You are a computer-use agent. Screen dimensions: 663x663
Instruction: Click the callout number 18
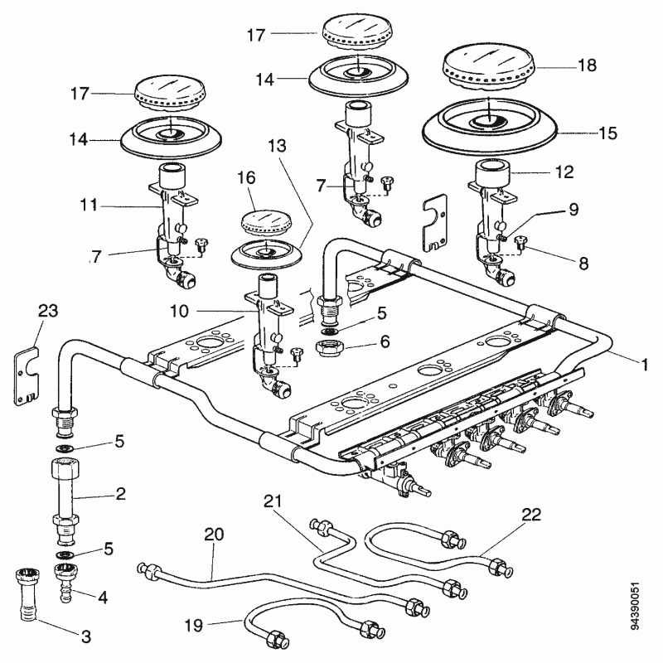587,65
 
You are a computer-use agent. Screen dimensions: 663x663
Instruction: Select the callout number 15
608,133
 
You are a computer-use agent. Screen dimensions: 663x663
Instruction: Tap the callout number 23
48,311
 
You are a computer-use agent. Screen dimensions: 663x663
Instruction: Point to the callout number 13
277,146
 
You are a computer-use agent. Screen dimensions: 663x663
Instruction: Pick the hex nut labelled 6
330,347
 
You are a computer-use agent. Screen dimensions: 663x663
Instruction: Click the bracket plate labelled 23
27,376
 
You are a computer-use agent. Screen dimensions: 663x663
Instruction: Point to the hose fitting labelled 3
28,594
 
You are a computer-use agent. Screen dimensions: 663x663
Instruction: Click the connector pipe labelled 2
65,502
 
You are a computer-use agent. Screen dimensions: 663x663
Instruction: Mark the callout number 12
564,172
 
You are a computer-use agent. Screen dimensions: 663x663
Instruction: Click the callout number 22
531,515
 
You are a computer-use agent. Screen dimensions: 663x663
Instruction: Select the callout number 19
194,625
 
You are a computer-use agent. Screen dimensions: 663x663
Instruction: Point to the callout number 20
214,535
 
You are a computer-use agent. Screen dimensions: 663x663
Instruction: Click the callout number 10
179,312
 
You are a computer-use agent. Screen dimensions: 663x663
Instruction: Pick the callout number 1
645,365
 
